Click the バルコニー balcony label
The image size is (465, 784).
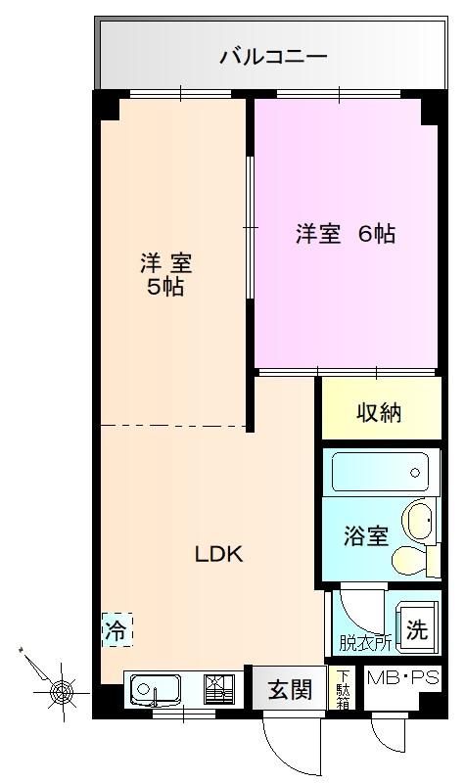[273, 56]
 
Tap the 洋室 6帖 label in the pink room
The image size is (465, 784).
[345, 234]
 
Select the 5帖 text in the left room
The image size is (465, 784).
[165, 287]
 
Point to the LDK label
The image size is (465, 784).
[218, 554]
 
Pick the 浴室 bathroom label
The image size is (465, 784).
[366, 535]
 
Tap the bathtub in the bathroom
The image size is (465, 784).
[380, 473]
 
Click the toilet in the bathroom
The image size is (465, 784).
[414, 560]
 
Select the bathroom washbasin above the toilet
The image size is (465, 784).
[419, 520]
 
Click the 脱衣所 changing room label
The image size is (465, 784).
[365, 643]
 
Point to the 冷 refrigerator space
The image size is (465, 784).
[117, 629]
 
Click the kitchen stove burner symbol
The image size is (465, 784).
[219, 689]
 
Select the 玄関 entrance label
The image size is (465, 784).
[290, 690]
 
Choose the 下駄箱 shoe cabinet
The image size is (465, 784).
[343, 689]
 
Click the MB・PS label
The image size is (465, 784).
[403, 678]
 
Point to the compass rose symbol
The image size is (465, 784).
[61, 693]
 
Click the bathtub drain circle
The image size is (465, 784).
[414, 473]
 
